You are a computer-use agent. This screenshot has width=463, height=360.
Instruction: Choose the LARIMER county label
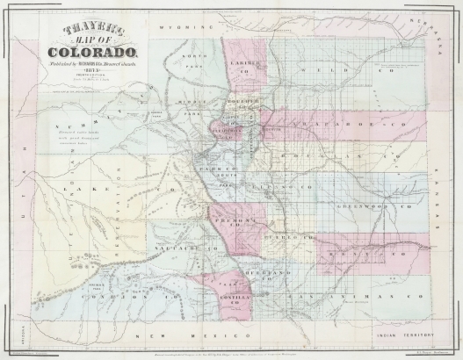click(242, 64)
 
